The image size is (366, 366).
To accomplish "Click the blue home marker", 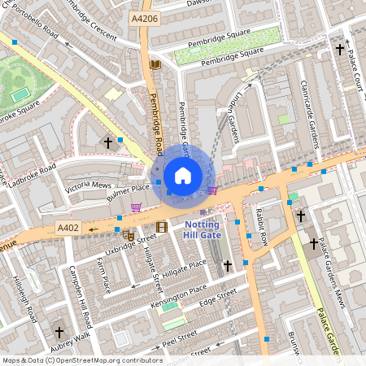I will tap(183, 175).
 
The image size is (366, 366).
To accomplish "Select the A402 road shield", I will tap(68, 228).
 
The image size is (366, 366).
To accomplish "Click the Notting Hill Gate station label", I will tap(203, 229).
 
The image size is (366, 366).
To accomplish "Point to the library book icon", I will tap(155, 64).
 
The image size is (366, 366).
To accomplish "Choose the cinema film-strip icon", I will tap(161, 226).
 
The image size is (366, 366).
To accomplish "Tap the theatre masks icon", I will tap(129, 235).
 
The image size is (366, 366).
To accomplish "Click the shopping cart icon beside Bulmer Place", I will tap(136, 207).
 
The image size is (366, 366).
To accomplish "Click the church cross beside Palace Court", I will tap(340, 50).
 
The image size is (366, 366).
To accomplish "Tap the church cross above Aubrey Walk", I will tap(59, 332).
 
